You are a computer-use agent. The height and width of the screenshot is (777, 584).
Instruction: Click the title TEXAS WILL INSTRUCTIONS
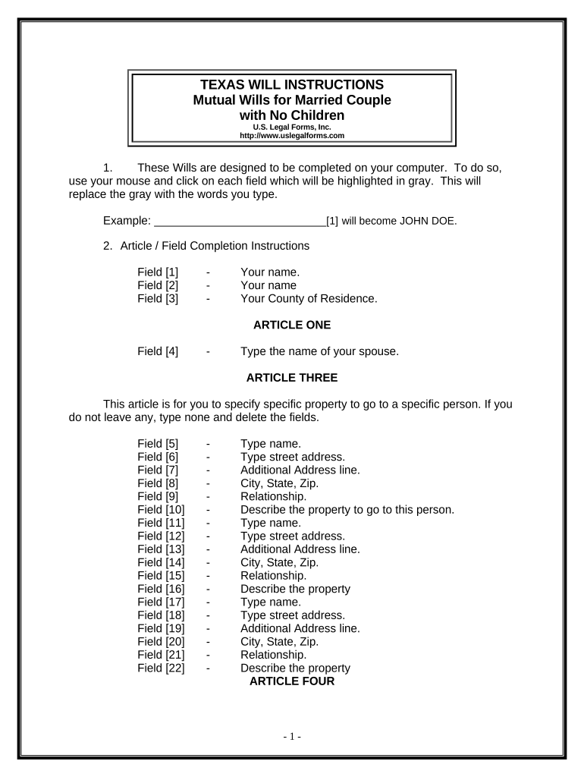click(292, 84)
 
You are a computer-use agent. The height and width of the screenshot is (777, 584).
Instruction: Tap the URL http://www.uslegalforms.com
click(292, 136)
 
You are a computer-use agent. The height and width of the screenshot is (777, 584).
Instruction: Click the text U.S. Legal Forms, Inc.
click(292, 127)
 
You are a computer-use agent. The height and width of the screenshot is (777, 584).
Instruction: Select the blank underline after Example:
click(240, 222)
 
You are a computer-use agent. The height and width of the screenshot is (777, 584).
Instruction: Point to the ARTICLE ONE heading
click(292, 325)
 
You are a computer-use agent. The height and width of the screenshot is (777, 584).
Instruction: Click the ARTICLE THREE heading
click(292, 378)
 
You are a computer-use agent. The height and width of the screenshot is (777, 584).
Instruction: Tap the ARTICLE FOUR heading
click(292, 681)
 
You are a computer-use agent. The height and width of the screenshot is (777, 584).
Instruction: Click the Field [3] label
click(158, 298)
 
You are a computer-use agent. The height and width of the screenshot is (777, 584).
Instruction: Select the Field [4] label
click(158, 351)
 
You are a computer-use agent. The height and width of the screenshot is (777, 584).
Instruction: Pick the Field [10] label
click(161, 509)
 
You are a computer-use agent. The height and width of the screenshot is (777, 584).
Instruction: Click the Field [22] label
click(161, 668)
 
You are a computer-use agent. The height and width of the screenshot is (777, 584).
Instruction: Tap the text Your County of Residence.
click(309, 298)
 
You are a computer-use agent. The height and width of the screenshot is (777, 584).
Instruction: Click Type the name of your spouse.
click(319, 351)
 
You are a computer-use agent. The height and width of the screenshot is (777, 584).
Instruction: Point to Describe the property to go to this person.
click(347, 509)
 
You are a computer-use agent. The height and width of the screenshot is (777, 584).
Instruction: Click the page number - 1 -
click(292, 737)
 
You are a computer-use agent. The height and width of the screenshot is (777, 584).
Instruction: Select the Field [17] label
click(161, 602)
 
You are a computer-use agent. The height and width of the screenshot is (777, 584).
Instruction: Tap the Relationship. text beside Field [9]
click(274, 496)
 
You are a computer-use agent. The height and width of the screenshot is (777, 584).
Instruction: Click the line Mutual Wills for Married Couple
click(292, 100)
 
